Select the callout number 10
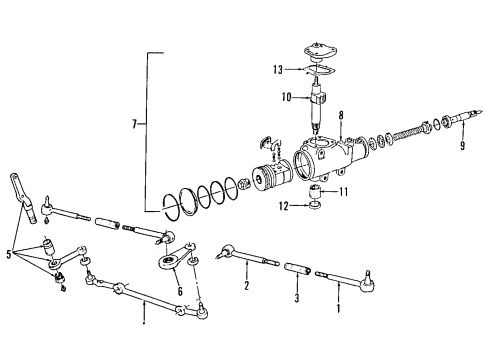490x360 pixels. [286, 97]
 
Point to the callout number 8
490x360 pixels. [340, 116]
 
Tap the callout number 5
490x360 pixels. [10, 255]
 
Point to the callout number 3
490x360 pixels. [295, 297]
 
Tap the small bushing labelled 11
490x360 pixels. [314, 191]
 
